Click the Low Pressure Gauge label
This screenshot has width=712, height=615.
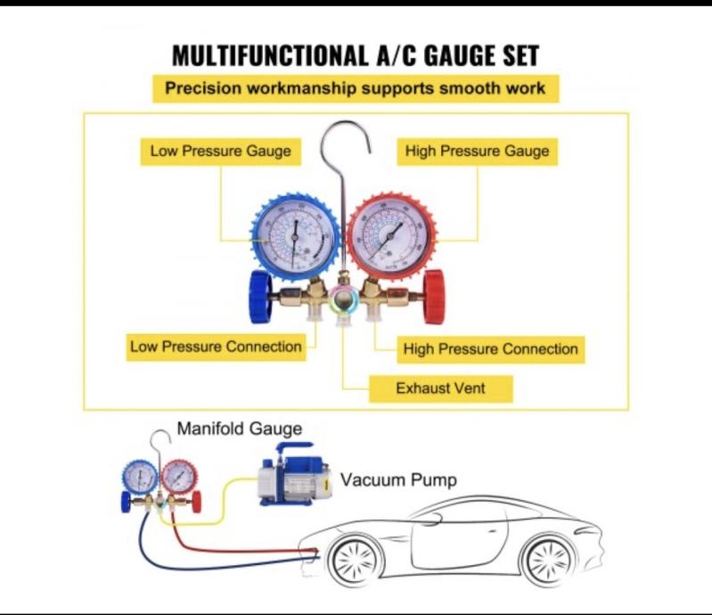[220, 151]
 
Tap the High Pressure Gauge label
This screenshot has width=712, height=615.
[477, 151]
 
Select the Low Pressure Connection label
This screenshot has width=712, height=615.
[216, 346]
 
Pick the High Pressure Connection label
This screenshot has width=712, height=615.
[491, 348]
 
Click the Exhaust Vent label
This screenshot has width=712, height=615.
[440, 389]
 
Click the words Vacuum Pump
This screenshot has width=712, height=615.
[398, 480]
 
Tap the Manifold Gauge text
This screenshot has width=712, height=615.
[239, 429]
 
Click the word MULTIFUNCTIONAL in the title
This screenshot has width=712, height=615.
[267, 56]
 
